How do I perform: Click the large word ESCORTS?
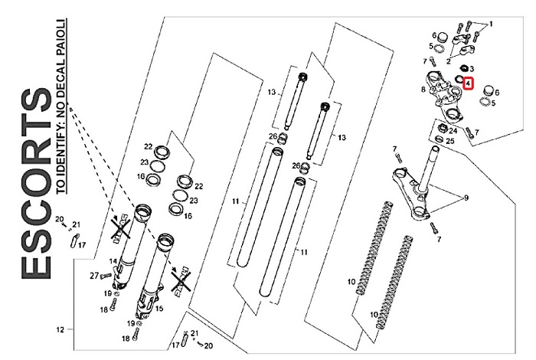38,185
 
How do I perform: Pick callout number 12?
59,331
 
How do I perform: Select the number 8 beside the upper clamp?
423,90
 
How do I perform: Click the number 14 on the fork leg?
113,261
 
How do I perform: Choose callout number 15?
160,309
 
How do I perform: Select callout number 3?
472,69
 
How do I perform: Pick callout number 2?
449,58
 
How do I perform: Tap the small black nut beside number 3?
462,68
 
